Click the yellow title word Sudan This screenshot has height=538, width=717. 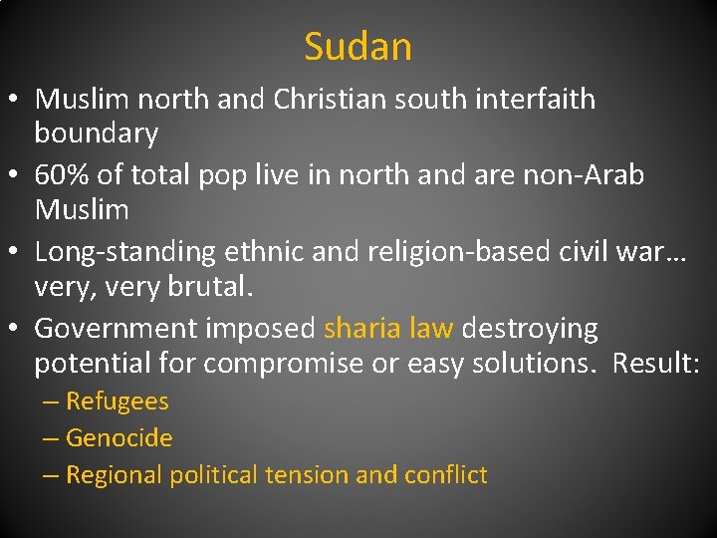[x=358, y=47]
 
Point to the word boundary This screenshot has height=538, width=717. [x=97, y=133]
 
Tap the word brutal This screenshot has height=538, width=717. [x=210, y=288]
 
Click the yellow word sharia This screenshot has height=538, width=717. [x=362, y=329]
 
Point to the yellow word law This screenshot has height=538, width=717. [x=430, y=329]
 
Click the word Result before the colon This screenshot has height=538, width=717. [x=653, y=364]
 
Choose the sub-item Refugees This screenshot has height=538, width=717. [x=118, y=403]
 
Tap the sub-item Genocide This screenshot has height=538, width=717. [x=119, y=438]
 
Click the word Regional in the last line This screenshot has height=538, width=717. [x=115, y=475]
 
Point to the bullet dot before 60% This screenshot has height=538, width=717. [x=18, y=176]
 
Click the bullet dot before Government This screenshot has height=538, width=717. [x=18, y=329]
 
